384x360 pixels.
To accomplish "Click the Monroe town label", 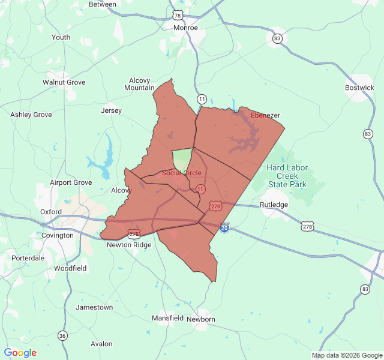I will (185, 28).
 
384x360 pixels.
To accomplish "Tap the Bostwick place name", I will (359, 88).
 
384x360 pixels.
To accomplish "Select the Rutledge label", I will (274, 205).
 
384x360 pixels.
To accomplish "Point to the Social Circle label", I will (182, 173).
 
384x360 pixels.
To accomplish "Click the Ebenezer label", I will (265, 115).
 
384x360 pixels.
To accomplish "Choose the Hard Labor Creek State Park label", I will (287, 176).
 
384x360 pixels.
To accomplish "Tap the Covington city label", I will (58, 236).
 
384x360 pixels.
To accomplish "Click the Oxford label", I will (51, 212).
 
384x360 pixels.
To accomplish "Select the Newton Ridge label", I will (129, 245).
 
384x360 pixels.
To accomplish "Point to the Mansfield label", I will (167, 318).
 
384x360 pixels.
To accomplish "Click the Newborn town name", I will (201, 319).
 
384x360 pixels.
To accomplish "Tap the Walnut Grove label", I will (64, 82).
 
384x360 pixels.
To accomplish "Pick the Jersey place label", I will (111, 111).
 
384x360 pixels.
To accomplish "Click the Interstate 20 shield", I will (224, 228).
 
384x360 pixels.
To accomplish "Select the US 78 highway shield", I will (177, 14).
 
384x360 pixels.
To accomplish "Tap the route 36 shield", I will (62, 335).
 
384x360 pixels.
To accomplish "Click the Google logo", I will (20, 353).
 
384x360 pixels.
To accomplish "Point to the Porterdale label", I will (28, 258).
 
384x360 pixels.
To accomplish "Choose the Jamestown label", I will (94, 307).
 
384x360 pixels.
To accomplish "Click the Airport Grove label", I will (71, 182).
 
